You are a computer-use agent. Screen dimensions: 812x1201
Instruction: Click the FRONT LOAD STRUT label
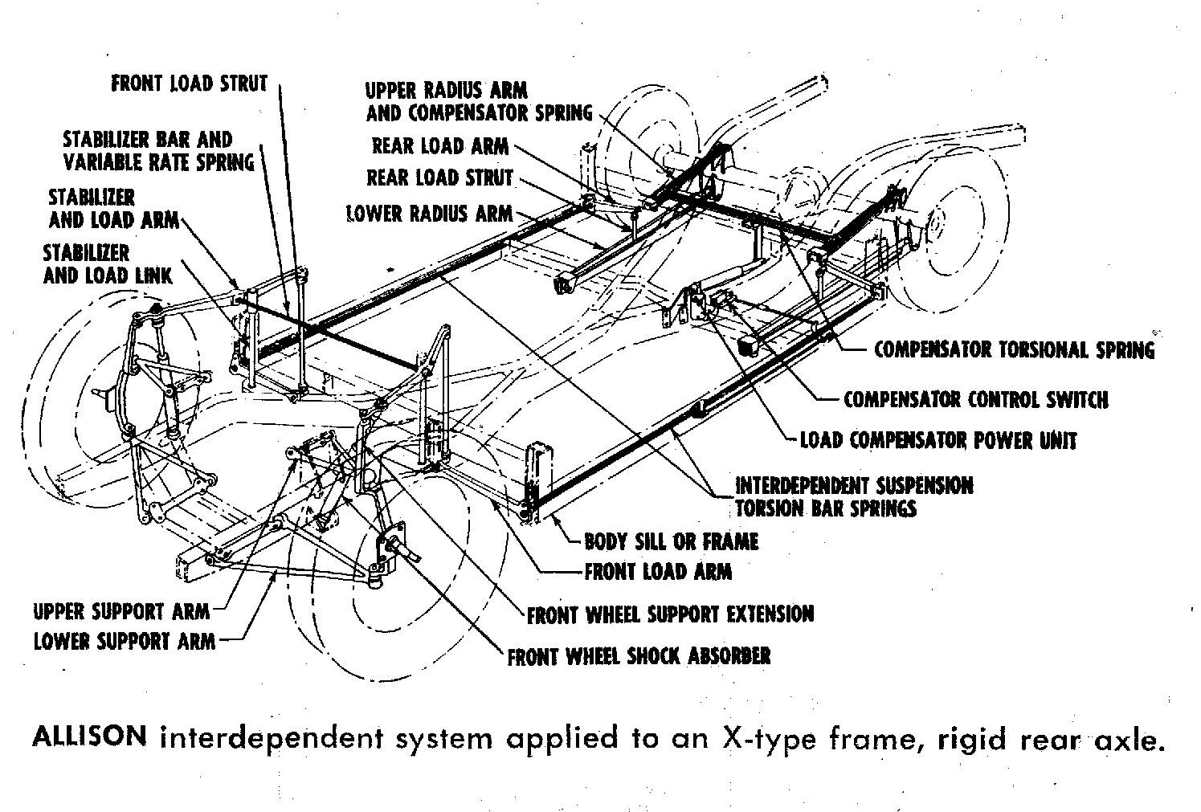coord(189,83)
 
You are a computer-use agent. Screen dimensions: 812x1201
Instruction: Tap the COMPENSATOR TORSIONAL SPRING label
coord(1014,349)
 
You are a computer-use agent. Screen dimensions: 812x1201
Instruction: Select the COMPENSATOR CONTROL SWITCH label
coord(976,399)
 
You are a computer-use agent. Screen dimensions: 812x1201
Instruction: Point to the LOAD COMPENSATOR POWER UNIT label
coord(938,439)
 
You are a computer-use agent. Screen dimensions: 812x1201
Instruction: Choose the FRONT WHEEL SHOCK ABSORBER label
coord(639,655)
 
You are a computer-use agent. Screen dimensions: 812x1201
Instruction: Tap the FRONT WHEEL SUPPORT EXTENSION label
coord(670,614)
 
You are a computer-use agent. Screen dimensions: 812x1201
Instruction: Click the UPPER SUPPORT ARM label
coord(121,611)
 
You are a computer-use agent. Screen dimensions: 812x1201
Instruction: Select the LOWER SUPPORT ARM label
coord(125,641)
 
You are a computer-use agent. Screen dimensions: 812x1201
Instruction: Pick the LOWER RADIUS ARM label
coord(429,213)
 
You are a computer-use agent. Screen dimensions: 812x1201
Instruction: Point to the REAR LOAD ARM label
coord(440,145)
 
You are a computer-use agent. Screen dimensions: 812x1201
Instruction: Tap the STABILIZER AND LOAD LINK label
coord(108,264)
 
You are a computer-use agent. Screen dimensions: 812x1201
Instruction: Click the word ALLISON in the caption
coord(90,737)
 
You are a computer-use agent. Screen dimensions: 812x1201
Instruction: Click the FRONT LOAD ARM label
coord(657,571)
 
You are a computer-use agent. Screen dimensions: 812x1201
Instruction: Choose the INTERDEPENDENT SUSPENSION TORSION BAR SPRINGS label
coord(854,496)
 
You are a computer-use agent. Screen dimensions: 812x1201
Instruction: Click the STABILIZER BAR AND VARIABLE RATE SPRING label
coord(158,150)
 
